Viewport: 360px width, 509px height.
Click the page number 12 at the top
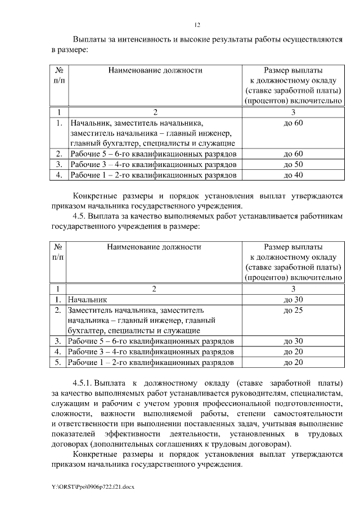click(197, 25)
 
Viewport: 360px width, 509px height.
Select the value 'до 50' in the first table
click(294, 164)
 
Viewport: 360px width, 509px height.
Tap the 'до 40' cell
click(294, 175)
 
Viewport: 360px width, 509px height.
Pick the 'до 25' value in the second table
click(294, 310)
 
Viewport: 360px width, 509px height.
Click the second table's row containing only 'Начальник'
click(87, 300)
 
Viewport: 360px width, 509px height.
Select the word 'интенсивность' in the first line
click(144, 40)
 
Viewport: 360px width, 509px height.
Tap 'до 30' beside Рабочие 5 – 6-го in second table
click(294, 341)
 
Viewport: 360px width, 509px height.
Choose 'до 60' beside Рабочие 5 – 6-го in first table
click(294, 154)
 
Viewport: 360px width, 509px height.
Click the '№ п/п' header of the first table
click(58, 76)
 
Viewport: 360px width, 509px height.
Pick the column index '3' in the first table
click(294, 112)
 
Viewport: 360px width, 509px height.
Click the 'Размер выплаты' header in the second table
click(294, 246)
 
